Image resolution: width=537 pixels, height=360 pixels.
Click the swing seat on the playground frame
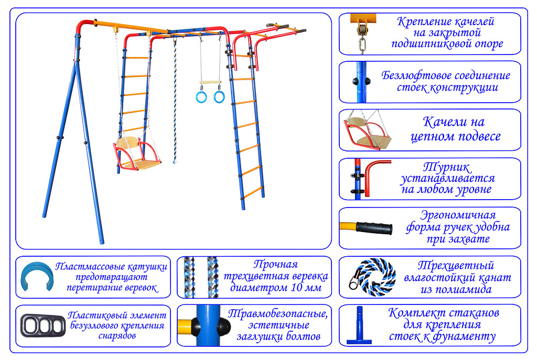(137, 157)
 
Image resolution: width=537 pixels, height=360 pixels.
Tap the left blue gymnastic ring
(201, 97)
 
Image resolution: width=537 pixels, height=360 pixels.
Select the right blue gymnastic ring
(219, 97)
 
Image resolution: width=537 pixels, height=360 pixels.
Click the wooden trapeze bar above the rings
(210, 83)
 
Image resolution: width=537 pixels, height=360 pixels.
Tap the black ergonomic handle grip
(374, 228)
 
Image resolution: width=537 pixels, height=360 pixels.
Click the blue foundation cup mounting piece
(361, 325)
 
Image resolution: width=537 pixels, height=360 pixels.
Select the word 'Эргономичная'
(458, 215)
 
